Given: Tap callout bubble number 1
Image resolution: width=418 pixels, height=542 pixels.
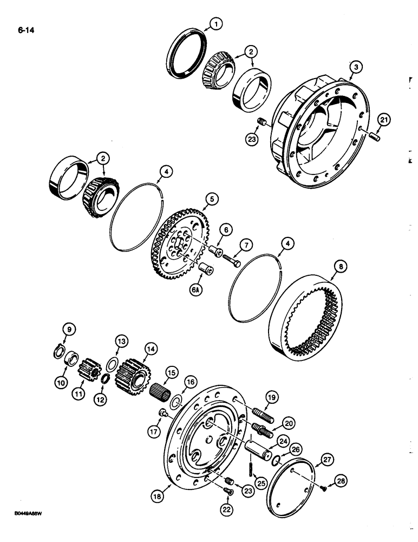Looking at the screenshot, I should [x=215, y=24].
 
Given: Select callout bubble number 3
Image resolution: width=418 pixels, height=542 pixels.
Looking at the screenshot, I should [x=355, y=67].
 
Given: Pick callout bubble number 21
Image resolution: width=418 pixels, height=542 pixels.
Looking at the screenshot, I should [x=382, y=123].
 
